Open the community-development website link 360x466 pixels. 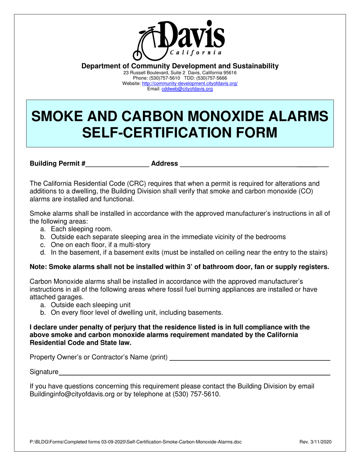[189, 83]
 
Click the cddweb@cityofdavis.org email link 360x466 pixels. [187, 89]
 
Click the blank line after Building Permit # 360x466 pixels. [117, 164]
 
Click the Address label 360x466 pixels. [164, 164]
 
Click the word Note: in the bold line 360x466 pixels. [38, 267]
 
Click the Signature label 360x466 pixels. [44, 372]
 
